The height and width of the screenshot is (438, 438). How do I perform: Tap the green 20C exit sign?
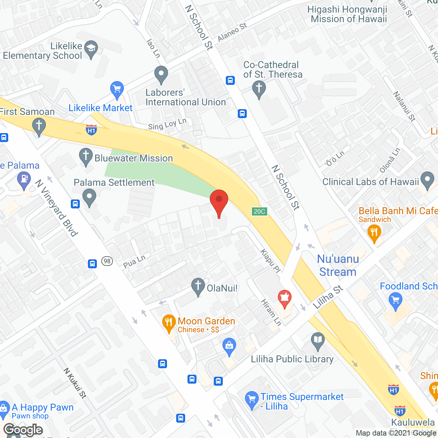(259, 211)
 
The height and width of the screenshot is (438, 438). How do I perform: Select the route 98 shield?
(107, 261)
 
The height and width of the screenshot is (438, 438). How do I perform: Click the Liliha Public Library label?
(292, 359)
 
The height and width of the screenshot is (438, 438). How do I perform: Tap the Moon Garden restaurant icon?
(168, 323)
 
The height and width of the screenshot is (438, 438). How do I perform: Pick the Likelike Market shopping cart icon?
(117, 90)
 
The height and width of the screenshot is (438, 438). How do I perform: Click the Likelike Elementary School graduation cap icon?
(91, 49)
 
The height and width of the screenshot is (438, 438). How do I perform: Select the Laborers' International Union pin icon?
(161, 74)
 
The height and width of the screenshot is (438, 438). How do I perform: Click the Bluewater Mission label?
(133, 158)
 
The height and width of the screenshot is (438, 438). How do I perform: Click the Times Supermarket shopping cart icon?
(252, 399)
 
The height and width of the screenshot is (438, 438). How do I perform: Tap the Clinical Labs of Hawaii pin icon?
(427, 180)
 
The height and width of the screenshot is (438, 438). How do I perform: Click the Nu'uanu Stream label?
(338, 265)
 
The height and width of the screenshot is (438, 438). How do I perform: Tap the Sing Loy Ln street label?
(167, 124)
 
